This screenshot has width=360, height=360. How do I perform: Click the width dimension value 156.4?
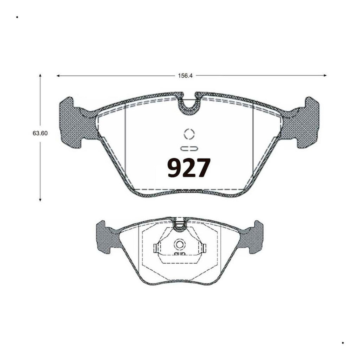185,76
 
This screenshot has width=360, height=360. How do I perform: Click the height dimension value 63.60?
40,133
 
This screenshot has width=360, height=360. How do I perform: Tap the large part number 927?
189,168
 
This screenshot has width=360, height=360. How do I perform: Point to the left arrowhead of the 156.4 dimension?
58,76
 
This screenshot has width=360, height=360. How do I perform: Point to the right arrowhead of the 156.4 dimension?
325,75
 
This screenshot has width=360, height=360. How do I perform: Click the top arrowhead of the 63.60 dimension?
40,75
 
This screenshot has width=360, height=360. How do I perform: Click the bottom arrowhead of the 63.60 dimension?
40,200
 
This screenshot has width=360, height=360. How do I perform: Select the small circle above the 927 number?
189,134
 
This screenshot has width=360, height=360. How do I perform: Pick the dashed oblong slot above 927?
189,149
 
